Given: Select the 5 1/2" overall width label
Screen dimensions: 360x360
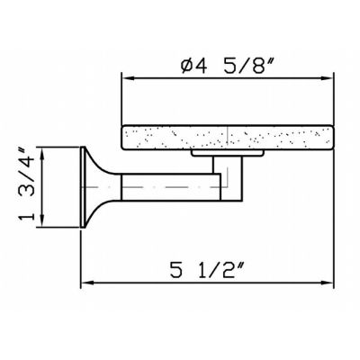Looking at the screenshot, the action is coord(207,270).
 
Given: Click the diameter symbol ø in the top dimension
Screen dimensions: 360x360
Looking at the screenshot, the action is coord(187,66).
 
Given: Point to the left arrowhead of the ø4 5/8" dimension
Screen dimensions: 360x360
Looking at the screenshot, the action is coord(129,78).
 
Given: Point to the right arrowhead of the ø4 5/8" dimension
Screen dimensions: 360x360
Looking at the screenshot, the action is coord(327,78).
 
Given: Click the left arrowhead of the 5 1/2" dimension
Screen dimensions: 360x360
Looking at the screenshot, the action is coord(88,283).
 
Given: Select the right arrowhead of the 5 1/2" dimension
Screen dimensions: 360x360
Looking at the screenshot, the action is coord(327,283).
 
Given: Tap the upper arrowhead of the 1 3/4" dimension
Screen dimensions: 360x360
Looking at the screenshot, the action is coord(42,154).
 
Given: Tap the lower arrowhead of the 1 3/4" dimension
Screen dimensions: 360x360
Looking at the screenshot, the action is coord(42,221).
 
